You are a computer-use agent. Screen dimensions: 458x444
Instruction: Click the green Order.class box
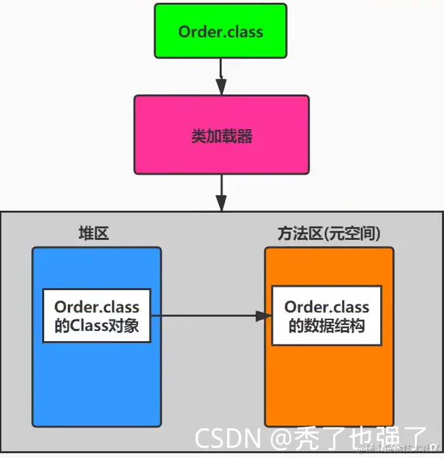pyautogui.click(x=221, y=31)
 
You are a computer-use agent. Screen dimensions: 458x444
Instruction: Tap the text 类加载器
pyautogui.click(x=221, y=136)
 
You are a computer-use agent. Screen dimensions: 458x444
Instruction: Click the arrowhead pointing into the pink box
pyautogui.click(x=221, y=87)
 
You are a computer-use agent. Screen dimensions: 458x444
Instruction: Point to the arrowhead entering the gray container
pyautogui.click(x=221, y=202)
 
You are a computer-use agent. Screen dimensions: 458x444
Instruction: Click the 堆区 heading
pyautogui.click(x=94, y=233)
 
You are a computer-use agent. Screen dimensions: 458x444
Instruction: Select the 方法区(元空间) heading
pyautogui.click(x=328, y=233)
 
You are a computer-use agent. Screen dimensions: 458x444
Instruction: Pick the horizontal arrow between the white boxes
pyautogui.click(x=204, y=316)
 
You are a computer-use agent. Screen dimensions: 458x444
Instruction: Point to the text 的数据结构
pyautogui.click(x=326, y=326)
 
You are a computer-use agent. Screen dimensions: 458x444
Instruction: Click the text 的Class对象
pyautogui.click(x=97, y=326)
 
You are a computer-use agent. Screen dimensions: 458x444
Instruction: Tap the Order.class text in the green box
pyautogui.click(x=221, y=31)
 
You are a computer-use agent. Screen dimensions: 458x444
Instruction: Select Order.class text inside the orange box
pyautogui.click(x=326, y=307)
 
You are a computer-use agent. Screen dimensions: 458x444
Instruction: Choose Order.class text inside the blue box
pyautogui.click(x=97, y=307)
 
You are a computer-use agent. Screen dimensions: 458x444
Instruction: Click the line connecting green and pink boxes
pyautogui.click(x=221, y=68)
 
